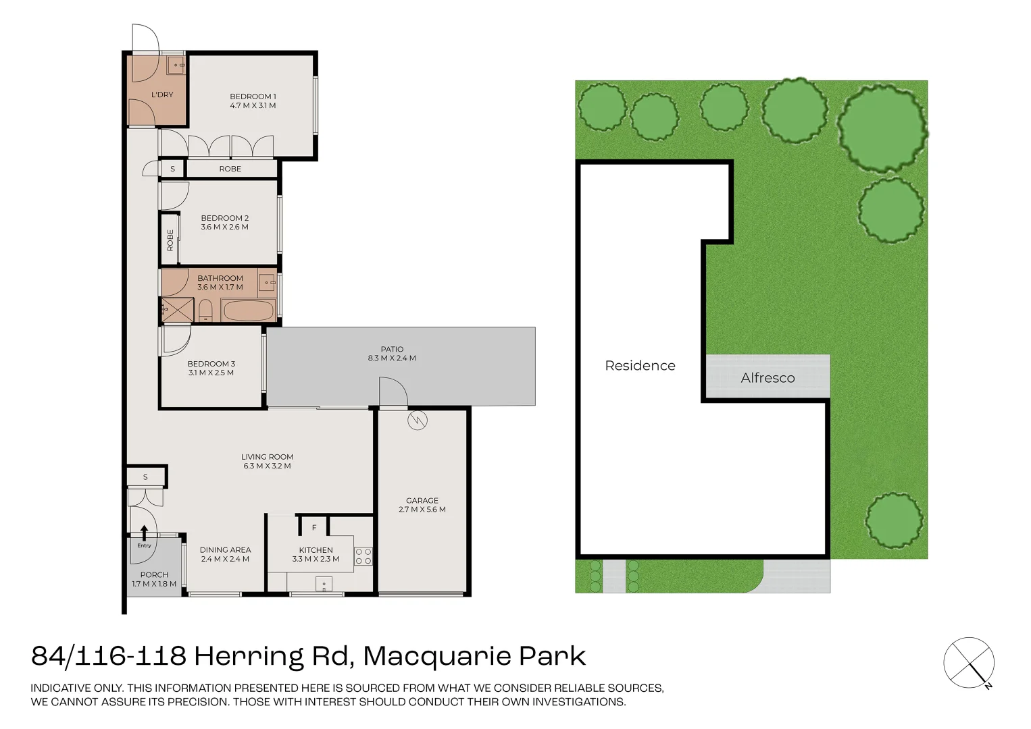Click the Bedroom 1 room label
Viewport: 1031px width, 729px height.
click(x=253, y=97)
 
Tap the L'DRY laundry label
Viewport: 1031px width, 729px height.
click(x=162, y=94)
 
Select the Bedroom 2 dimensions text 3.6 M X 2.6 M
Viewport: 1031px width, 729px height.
click(x=224, y=227)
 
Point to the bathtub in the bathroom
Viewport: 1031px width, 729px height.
click(x=249, y=310)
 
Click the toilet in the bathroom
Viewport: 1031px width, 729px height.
click(x=205, y=311)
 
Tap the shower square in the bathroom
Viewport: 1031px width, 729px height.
click(x=177, y=310)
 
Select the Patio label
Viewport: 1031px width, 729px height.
click(x=392, y=349)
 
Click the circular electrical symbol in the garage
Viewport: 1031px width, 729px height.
click(x=418, y=420)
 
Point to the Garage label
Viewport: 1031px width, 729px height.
click(x=422, y=500)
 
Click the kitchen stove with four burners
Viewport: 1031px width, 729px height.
click(x=363, y=556)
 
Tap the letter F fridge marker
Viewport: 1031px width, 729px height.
click(x=314, y=528)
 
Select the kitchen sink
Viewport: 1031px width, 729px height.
click(x=324, y=584)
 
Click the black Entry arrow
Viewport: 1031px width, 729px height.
click(x=144, y=533)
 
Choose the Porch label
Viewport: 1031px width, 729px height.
click(x=154, y=575)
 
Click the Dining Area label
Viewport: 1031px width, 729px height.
click(x=225, y=550)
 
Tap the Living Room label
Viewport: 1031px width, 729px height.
click(x=267, y=457)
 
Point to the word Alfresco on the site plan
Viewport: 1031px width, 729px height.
click(x=768, y=378)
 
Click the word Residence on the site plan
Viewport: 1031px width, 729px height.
click(x=640, y=366)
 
